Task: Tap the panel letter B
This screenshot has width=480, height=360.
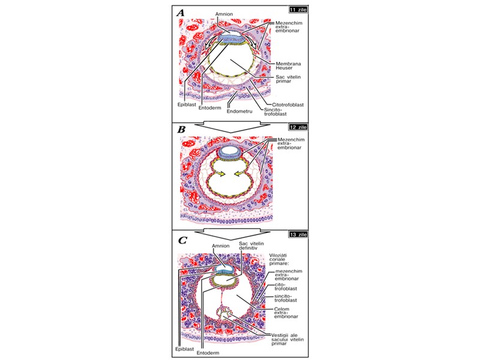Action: point(181,128)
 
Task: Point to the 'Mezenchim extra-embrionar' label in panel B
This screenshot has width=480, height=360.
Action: point(291,144)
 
